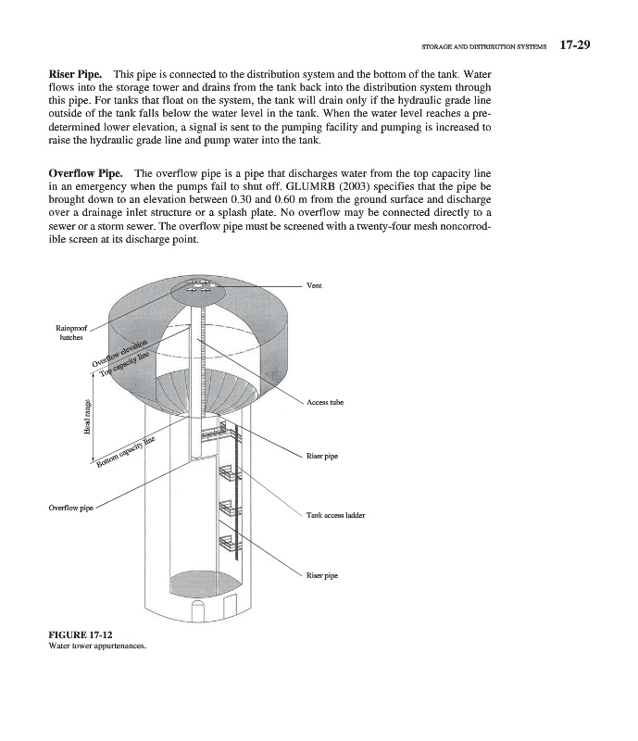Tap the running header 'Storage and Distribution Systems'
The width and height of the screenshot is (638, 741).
484,44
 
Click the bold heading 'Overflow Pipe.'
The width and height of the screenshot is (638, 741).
85,173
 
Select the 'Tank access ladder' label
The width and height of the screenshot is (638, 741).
335,515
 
